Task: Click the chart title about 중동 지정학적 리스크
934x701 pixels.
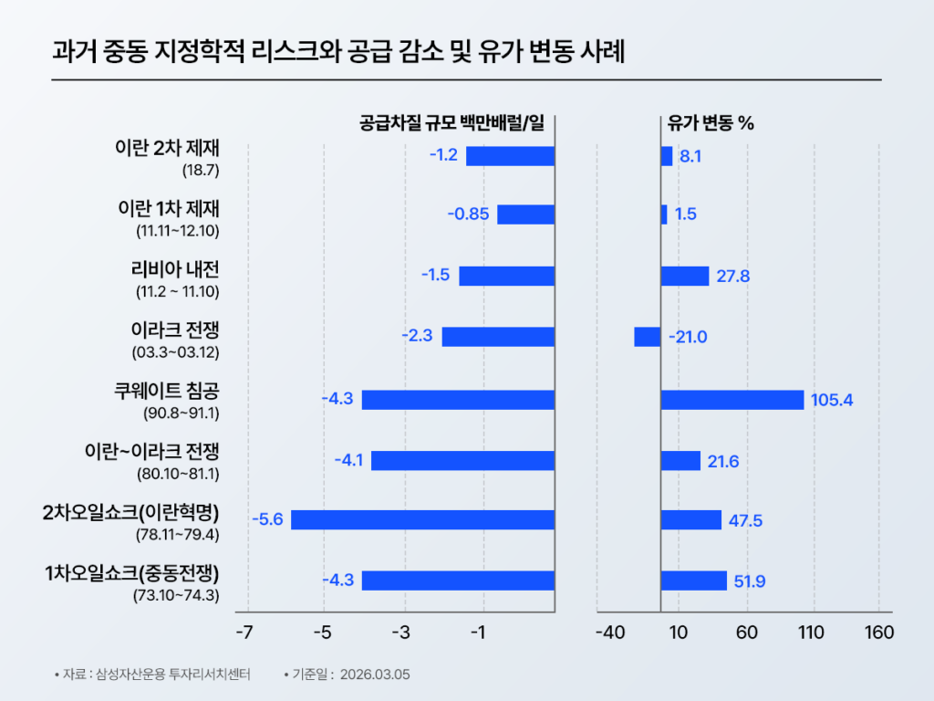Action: click(338, 51)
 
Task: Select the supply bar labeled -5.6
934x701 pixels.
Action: click(422, 519)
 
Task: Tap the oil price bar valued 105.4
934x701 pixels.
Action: click(732, 400)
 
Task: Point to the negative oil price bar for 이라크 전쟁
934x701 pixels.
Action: click(647, 337)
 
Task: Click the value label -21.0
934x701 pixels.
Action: click(688, 337)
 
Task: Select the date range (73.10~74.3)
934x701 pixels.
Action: click(176, 595)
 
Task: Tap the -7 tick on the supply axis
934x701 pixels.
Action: click(244, 633)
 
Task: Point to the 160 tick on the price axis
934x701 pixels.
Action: click(878, 633)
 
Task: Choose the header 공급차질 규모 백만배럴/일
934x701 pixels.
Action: click(451, 123)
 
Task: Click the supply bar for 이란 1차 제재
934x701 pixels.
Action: click(525, 214)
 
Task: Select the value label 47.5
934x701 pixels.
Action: click(745, 520)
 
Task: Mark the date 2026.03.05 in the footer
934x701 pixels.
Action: click(375, 675)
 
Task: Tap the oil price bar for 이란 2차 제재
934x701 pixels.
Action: click(666, 156)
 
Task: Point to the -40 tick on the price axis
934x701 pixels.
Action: click(608, 633)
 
